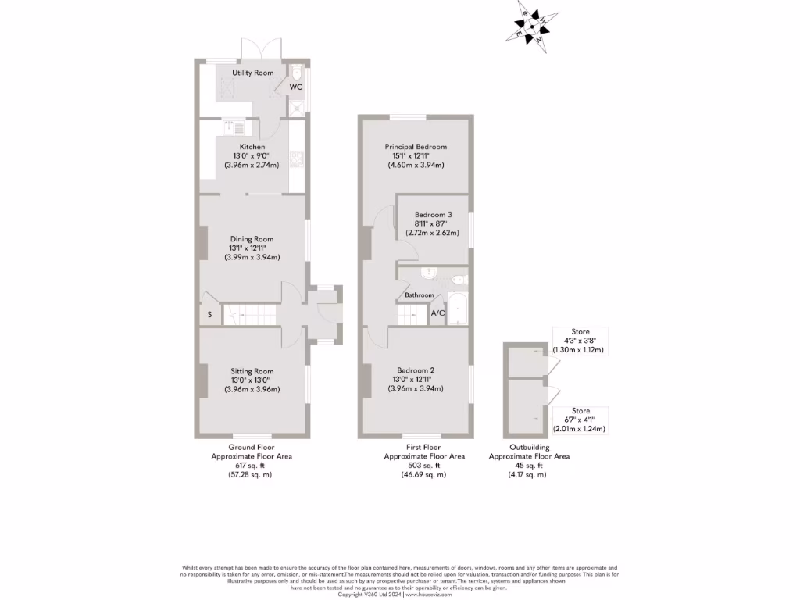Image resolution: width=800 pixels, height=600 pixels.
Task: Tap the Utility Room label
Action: [x=252, y=73]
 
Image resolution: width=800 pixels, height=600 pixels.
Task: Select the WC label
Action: [x=296, y=87]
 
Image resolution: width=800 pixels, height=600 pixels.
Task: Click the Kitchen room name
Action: [x=252, y=147]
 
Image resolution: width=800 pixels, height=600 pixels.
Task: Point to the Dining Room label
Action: [x=252, y=239]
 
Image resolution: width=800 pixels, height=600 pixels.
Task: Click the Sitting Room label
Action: [x=252, y=371]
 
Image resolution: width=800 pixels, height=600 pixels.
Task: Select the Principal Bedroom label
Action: [x=416, y=147]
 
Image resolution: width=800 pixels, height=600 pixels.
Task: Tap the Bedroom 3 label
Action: [x=433, y=215]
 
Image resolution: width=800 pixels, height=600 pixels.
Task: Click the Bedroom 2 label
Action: [x=416, y=370]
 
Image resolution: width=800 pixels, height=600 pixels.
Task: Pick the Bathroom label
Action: [x=419, y=295]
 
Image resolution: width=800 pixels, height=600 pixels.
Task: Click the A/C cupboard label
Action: [x=437, y=313]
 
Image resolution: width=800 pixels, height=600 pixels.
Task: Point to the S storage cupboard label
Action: [x=209, y=315]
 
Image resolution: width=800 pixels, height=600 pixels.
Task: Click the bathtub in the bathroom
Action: [x=457, y=309]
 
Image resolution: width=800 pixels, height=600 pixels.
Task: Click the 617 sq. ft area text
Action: [x=252, y=465]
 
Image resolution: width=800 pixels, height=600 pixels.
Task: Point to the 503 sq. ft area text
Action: [x=424, y=465]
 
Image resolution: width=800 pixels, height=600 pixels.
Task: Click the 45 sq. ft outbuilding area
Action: [x=529, y=466]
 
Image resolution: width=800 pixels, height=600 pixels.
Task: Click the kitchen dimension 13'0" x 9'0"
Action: [x=252, y=156]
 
